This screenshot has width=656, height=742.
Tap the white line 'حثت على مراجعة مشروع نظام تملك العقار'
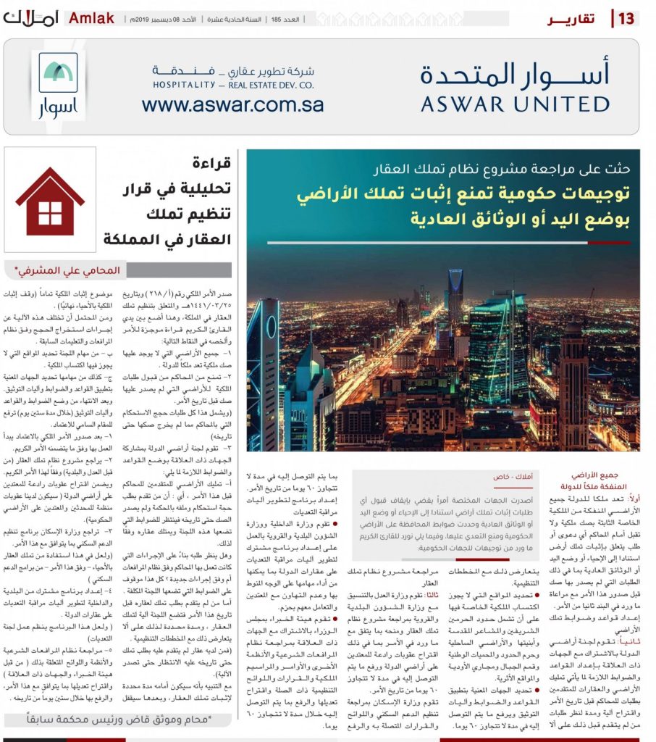click(x=503, y=170)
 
